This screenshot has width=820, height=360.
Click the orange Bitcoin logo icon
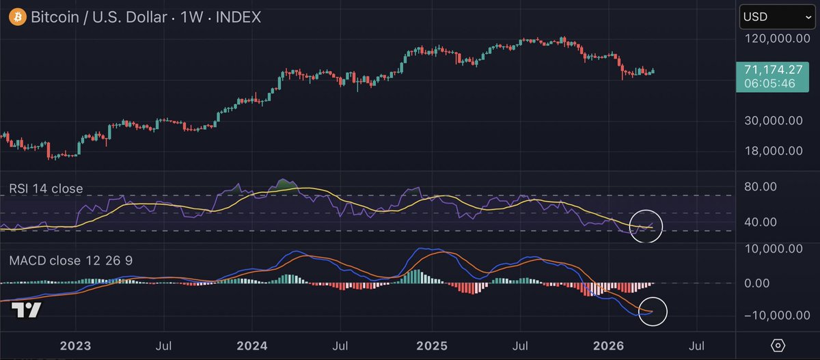[x=15, y=16]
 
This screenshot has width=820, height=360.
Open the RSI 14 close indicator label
[x=45, y=189]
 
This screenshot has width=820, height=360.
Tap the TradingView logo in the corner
[x=27, y=311]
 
